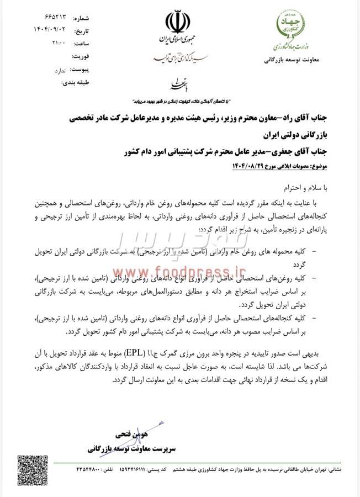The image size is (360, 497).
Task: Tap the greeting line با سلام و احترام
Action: [321, 187]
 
